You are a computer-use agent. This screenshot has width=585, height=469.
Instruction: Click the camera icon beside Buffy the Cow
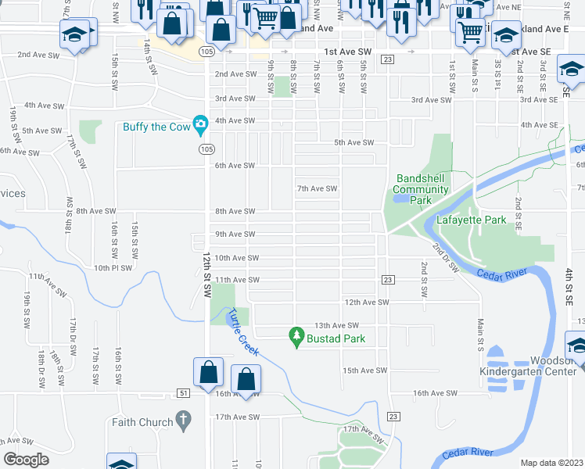(x=201, y=124)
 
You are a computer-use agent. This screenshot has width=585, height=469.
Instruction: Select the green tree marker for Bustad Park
(x=296, y=337)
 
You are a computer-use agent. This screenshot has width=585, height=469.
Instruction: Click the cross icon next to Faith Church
(x=183, y=422)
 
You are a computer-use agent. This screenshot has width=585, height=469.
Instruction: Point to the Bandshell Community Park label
(x=421, y=189)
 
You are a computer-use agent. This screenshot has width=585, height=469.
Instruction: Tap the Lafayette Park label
(x=484, y=220)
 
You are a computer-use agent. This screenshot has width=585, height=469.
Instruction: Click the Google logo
(x=26, y=459)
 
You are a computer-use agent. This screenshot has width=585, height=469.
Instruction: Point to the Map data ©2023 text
(x=551, y=463)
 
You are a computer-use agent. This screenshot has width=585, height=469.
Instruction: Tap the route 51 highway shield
(x=183, y=393)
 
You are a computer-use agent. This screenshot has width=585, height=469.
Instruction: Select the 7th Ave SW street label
(x=317, y=188)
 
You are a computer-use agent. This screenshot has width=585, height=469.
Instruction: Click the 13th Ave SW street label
(x=336, y=325)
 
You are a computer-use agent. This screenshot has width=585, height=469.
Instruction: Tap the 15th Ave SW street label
(x=364, y=371)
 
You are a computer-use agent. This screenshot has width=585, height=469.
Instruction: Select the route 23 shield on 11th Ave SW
(x=386, y=280)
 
